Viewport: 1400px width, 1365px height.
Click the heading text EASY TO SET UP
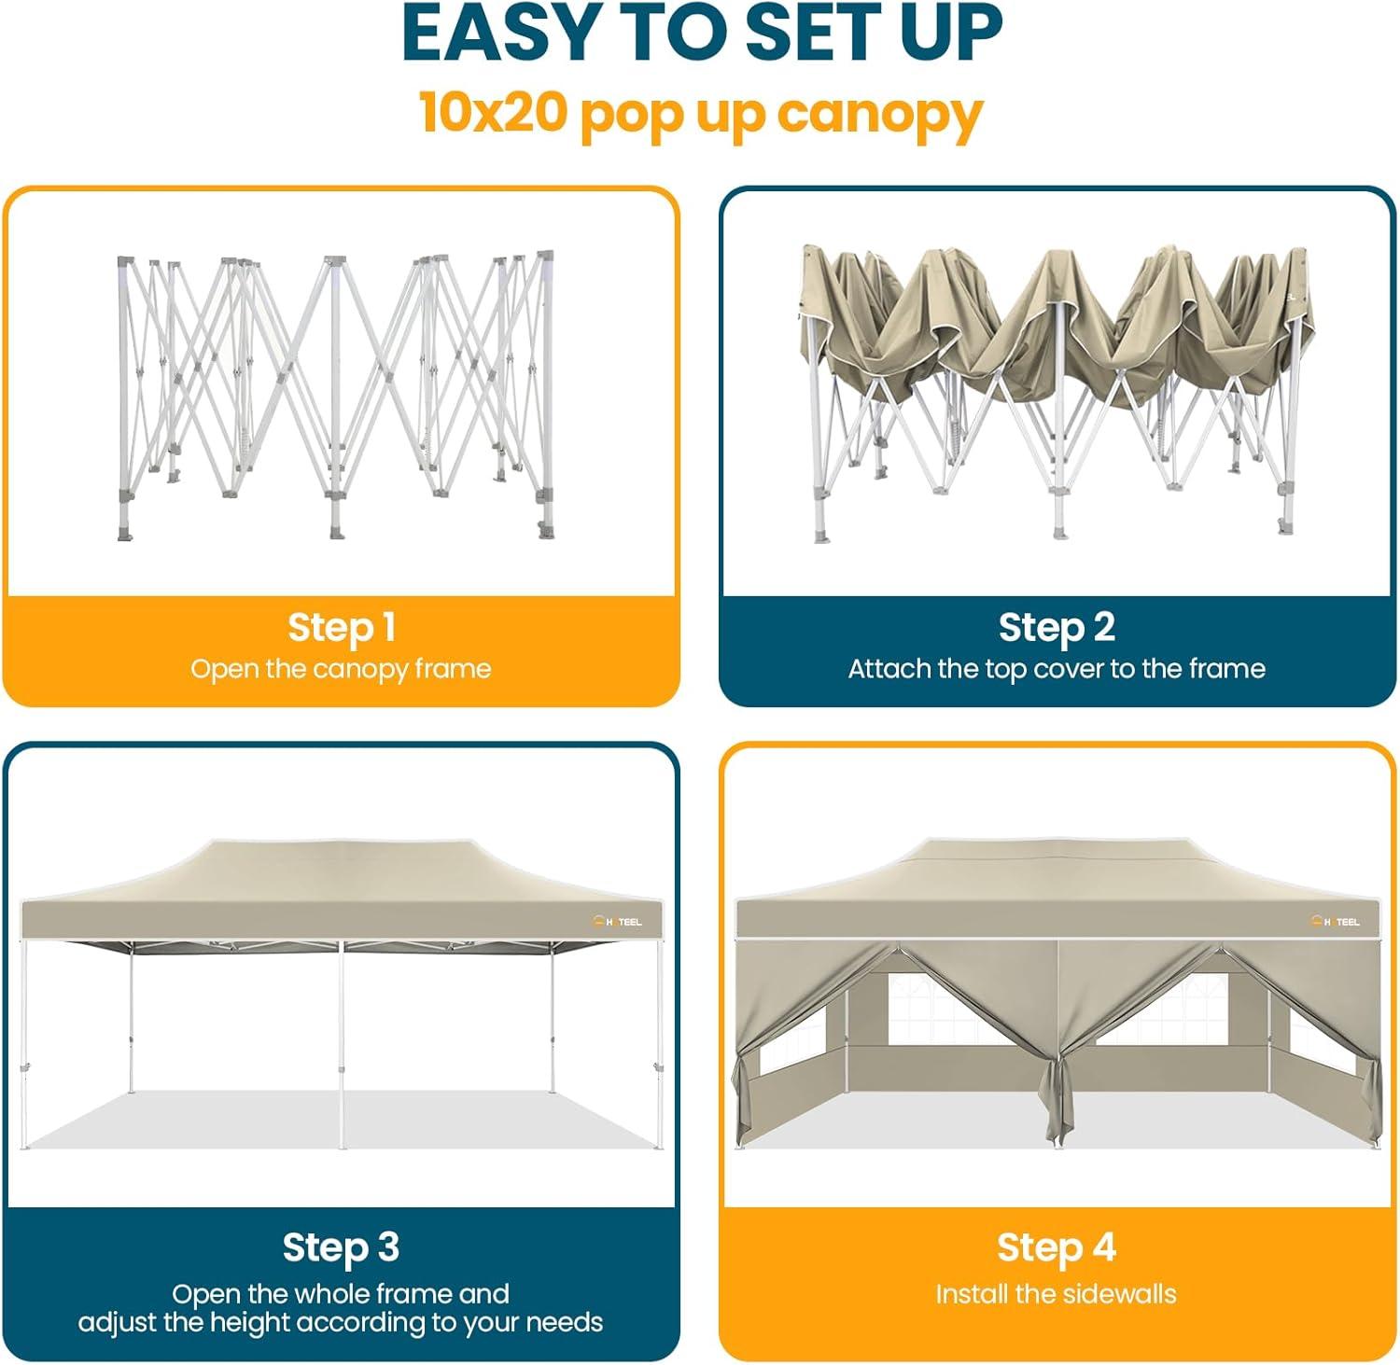point(701,35)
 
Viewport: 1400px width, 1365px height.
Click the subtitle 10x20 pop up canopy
point(701,114)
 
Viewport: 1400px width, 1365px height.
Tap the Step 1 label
point(342,627)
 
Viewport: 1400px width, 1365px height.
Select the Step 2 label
point(1057,627)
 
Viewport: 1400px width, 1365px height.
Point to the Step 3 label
point(342,1247)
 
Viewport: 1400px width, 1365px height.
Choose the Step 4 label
point(1057,1247)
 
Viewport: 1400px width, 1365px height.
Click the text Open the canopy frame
point(342,669)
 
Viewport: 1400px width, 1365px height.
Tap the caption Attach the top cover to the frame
point(1057,669)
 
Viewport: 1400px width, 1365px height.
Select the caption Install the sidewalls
point(1057,1294)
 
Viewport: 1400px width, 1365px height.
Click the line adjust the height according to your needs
point(342,1323)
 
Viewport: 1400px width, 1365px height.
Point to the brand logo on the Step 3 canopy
point(618,922)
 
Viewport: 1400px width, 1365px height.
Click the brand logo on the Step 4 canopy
point(1335,922)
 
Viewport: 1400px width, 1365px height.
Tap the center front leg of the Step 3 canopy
point(343,1045)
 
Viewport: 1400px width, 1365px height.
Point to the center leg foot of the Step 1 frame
point(336,532)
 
